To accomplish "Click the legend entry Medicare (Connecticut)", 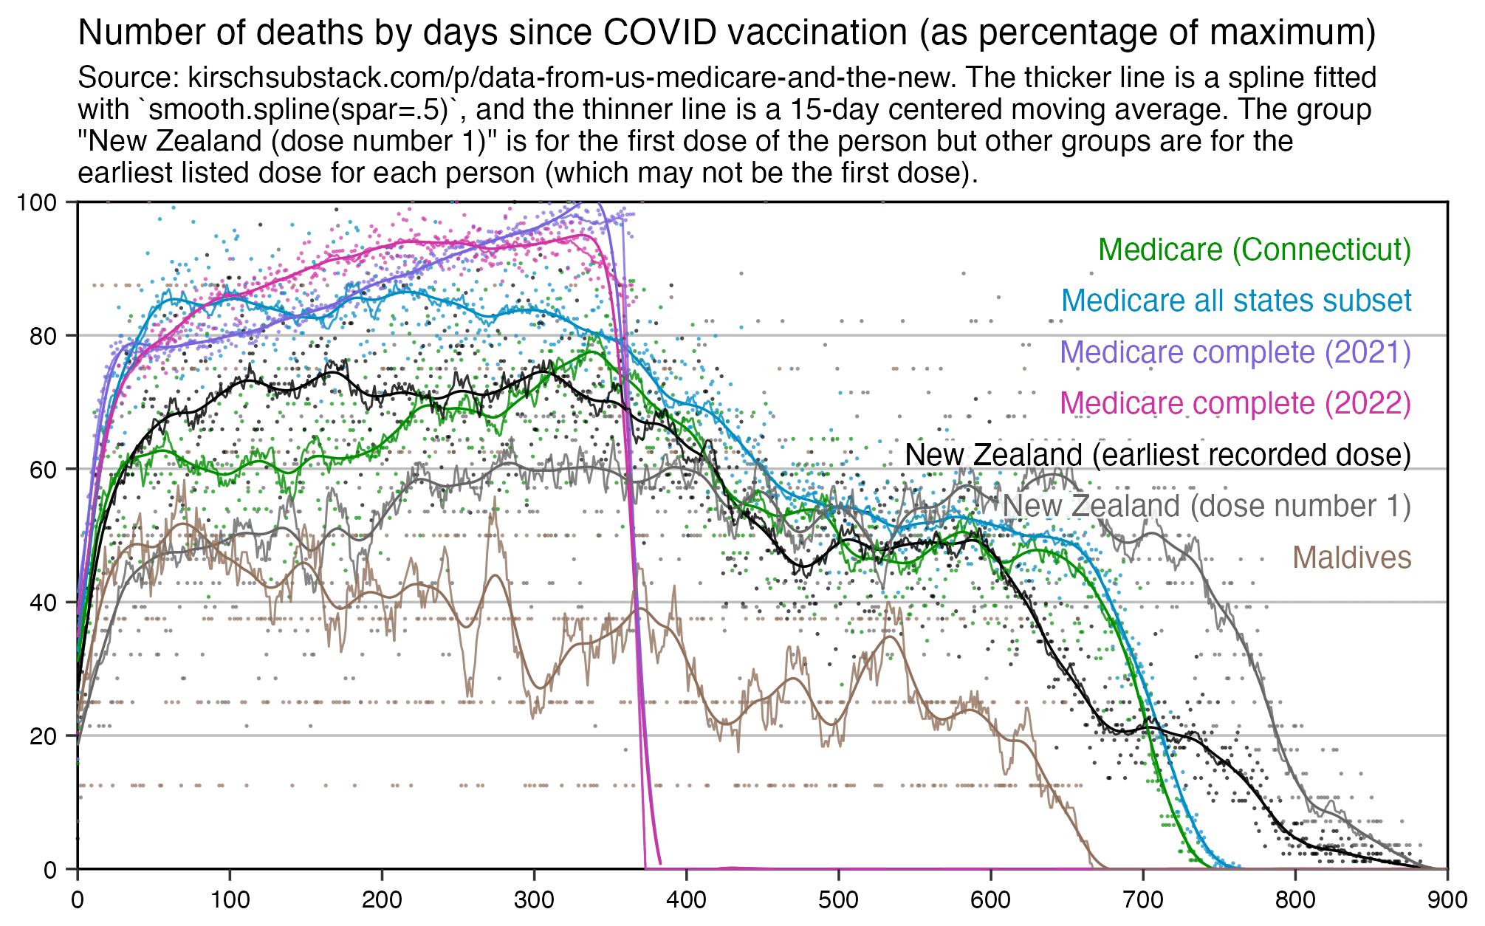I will coord(1255,250).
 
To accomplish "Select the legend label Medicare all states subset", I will coord(1236,301).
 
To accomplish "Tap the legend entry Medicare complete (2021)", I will coord(1235,352).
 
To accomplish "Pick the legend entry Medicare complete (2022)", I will coord(1235,403).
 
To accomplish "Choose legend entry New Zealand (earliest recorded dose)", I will coord(1158,455).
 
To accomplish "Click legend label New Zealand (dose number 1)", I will coord(1207,506).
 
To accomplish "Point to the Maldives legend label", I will coord(1352,558).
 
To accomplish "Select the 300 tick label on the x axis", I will coord(534,900).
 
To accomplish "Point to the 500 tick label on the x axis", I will coord(839,900).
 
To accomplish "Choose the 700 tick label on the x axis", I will coord(1143,900).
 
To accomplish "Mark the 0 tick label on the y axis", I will coord(49,870).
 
